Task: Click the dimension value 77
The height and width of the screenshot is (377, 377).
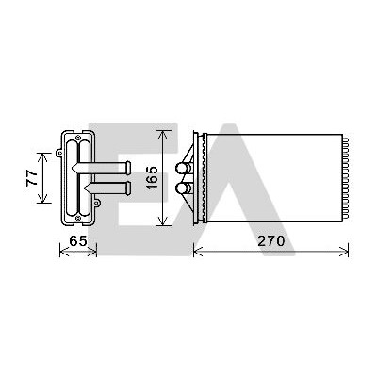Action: tap(32, 178)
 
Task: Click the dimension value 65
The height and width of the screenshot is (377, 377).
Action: tap(78, 241)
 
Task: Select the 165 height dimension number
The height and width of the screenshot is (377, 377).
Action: tap(153, 178)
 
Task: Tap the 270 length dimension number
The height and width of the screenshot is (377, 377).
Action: tap(271, 241)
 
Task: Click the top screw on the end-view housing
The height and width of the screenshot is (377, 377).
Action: tap(78, 137)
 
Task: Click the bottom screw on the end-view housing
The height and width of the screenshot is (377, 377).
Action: tap(78, 218)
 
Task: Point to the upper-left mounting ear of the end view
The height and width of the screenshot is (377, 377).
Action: tap(59, 153)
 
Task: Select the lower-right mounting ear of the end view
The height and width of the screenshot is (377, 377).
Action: tap(97, 204)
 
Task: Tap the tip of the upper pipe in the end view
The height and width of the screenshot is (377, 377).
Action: tap(129, 168)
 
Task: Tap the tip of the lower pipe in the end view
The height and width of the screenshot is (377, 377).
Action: tap(129, 188)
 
